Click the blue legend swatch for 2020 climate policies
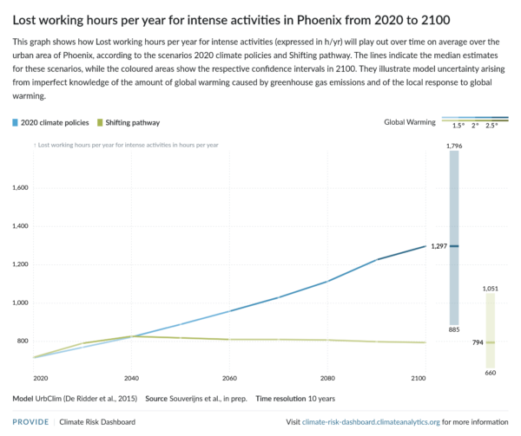click(x=16, y=122)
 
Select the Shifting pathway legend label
click(x=133, y=122)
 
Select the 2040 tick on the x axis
click(x=131, y=379)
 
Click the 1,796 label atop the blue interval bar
click(x=453, y=146)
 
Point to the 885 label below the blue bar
click(x=453, y=330)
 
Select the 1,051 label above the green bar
click(x=491, y=287)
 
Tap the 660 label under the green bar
click(x=491, y=373)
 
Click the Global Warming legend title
click(x=409, y=122)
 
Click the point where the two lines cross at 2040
click(x=131, y=336)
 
